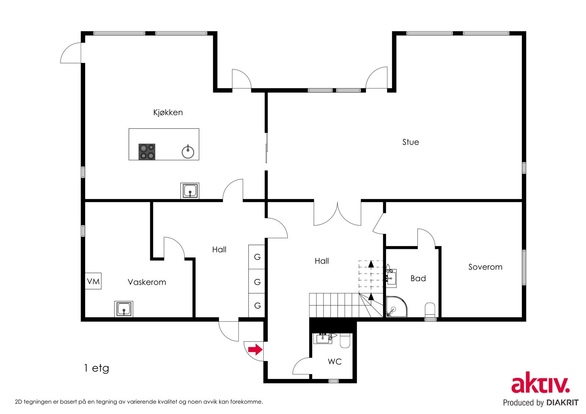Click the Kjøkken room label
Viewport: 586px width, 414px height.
pyautogui.click(x=168, y=112)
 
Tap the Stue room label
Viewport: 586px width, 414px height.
pyautogui.click(x=411, y=142)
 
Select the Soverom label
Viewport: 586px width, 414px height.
pyautogui.click(x=485, y=267)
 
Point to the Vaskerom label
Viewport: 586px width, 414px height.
pyautogui.click(x=147, y=282)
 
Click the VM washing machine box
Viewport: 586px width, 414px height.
pyautogui.click(x=93, y=281)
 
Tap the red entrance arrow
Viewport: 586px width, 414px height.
pyautogui.click(x=255, y=350)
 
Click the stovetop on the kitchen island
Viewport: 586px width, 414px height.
pyautogui.click(x=147, y=152)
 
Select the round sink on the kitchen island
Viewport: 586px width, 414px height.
pyautogui.click(x=188, y=152)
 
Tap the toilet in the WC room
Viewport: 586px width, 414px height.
pyautogui.click(x=345, y=341)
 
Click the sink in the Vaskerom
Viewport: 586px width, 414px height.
pyautogui.click(x=123, y=309)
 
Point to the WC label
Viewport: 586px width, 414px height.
pyautogui.click(x=335, y=362)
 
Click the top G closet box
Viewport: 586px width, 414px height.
pyautogui.click(x=257, y=257)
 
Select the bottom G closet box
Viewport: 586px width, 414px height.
pyautogui.click(x=257, y=305)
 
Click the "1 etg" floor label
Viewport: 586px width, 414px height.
pyautogui.click(x=96, y=368)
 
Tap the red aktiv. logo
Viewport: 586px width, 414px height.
pyautogui.click(x=541, y=383)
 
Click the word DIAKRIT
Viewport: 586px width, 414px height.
pyautogui.click(x=562, y=403)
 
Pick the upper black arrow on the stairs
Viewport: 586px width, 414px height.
pyautogui.click(x=371, y=264)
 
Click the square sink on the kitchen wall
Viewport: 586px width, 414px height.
pyautogui.click(x=190, y=191)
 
